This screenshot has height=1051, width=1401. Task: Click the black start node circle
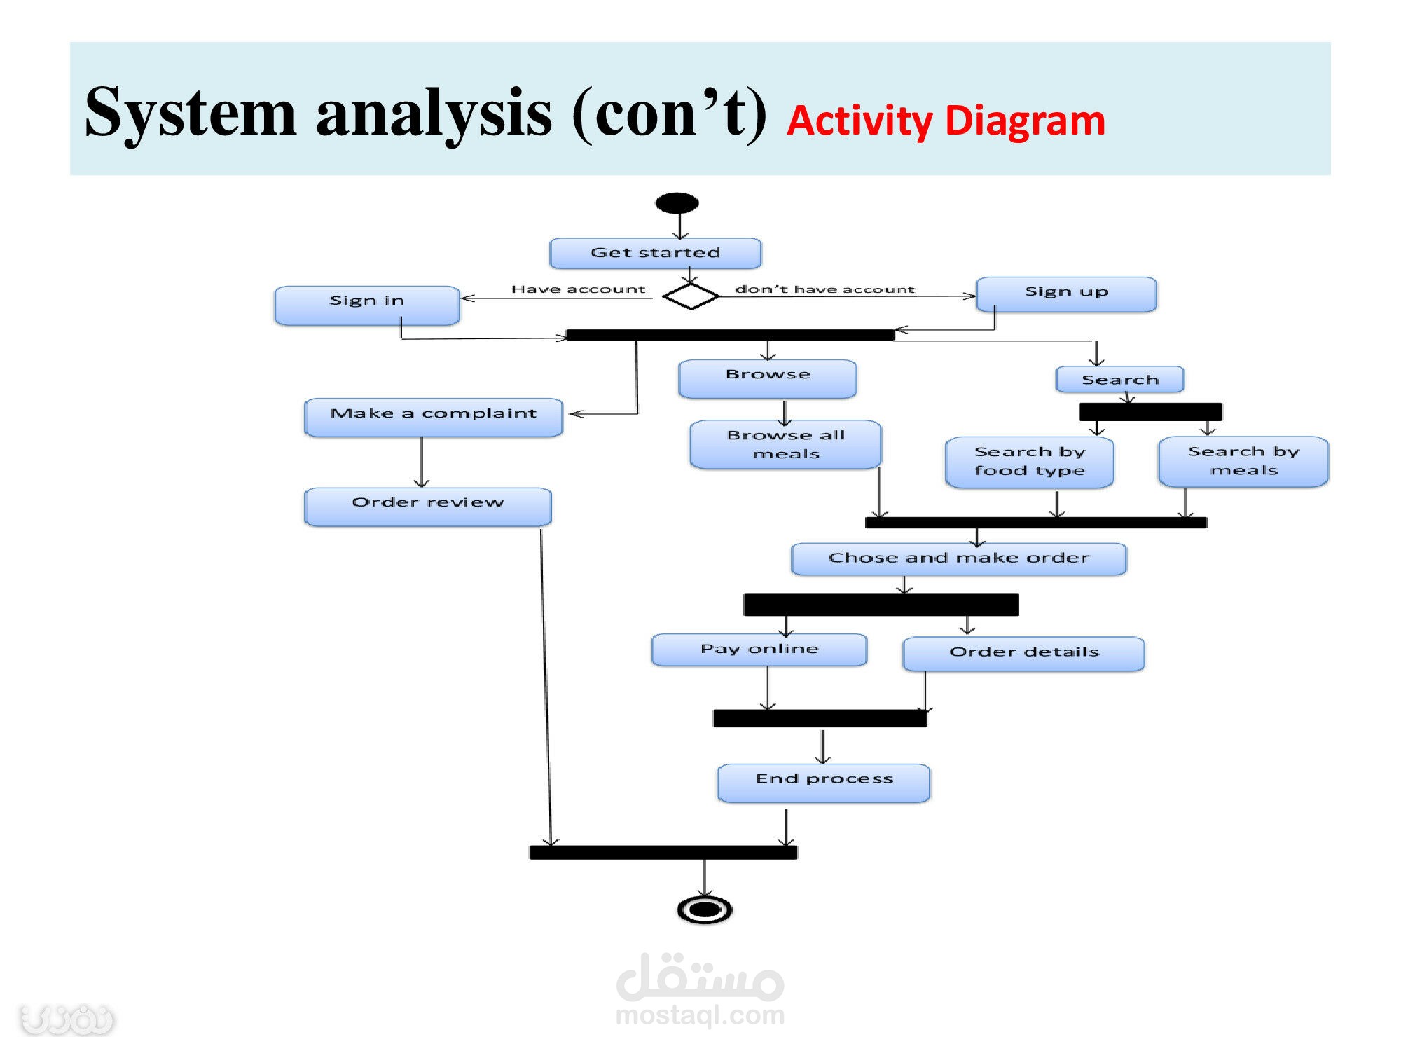(677, 203)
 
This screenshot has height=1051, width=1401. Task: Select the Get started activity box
(656, 253)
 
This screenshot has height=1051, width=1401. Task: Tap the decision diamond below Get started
(691, 296)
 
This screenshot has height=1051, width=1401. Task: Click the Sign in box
(367, 305)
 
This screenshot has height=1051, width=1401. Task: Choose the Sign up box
(1066, 294)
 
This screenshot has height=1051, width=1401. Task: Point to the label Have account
(578, 289)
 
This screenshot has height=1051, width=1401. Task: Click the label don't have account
(824, 289)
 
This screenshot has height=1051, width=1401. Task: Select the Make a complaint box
(433, 417)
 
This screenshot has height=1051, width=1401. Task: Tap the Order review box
(427, 506)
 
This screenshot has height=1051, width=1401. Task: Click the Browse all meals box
(785, 444)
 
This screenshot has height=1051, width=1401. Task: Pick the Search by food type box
(1029, 462)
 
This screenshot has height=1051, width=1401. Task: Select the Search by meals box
(1243, 461)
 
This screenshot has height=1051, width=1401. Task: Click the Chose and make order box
(958, 558)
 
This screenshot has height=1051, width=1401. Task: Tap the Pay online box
(759, 650)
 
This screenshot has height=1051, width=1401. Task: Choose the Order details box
(1023, 653)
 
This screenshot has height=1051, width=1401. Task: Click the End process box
(824, 782)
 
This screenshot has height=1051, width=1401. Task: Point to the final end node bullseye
(705, 909)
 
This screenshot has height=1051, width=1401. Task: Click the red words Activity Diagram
(946, 121)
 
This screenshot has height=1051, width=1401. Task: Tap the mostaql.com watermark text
(700, 1015)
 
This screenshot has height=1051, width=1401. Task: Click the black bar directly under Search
(1150, 411)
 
